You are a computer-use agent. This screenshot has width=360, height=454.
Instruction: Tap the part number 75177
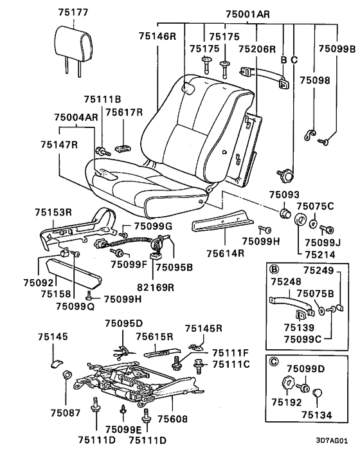pos(73,12)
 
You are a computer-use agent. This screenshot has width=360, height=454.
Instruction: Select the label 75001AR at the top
pos(248,14)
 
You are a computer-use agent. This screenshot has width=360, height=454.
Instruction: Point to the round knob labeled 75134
pos(318,393)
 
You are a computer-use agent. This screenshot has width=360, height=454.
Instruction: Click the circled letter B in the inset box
pos(274,269)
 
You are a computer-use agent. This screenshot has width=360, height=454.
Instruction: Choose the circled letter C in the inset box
pos(274,361)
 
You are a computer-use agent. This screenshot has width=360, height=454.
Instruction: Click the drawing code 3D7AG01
pos(332,441)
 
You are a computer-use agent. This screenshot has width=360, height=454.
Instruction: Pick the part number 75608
pos(172,419)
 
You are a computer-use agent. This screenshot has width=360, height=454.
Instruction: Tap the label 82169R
pos(156,287)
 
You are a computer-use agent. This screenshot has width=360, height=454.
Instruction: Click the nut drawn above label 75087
pos(66,375)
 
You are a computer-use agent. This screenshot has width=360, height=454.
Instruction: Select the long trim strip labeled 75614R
pos(222,221)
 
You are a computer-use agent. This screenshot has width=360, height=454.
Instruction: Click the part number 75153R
pos(53,212)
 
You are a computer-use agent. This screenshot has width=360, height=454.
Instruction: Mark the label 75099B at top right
pos(337,49)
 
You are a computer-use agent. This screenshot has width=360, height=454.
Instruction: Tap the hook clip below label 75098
pos(309,134)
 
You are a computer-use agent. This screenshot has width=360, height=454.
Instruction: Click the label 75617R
pos(124,112)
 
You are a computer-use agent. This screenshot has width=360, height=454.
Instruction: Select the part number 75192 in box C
pos(287,402)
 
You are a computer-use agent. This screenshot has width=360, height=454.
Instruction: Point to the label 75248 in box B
pos(286,282)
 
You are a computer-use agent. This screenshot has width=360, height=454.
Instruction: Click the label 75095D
pos(124,323)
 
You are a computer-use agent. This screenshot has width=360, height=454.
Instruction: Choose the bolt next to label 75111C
pos(199,366)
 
